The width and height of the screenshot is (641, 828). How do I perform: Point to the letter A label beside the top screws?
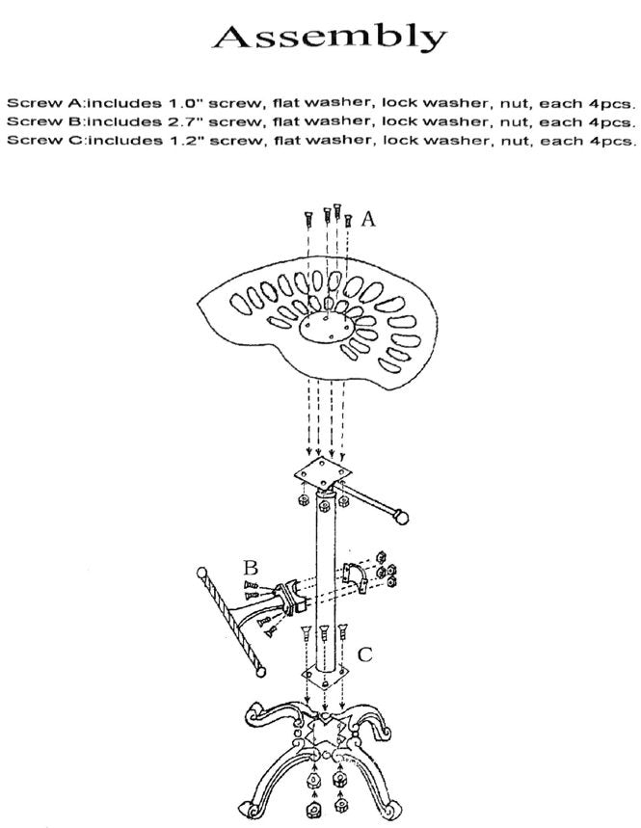pyautogui.click(x=367, y=219)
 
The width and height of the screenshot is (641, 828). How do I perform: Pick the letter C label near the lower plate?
pyautogui.click(x=364, y=655)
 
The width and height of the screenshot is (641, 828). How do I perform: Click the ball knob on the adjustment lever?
pyautogui.click(x=397, y=517)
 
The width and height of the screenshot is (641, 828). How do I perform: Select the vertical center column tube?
pyautogui.click(x=324, y=578)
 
